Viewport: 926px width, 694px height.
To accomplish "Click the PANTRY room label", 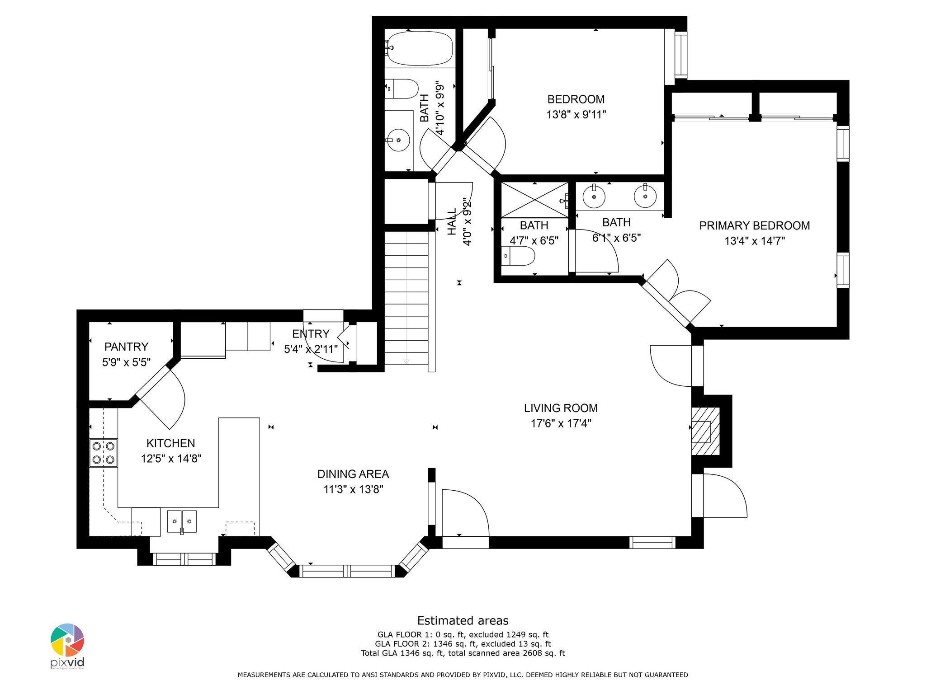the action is (x=126, y=347).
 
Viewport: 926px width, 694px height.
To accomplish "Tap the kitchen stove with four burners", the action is (x=104, y=453).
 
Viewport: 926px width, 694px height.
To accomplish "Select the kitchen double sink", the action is (x=182, y=521).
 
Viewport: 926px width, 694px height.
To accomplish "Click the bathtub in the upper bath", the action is (x=420, y=48).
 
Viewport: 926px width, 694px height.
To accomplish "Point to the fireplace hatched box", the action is (x=705, y=431).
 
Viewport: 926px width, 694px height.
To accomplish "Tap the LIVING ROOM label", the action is (x=561, y=408).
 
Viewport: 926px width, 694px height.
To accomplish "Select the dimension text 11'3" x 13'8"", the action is (x=353, y=489).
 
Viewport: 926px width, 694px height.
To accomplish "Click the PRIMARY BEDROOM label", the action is (x=755, y=225).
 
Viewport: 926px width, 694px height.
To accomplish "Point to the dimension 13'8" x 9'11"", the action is (x=576, y=115).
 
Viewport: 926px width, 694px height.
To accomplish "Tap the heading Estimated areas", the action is (x=463, y=620).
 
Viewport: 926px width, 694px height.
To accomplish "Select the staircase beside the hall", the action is (x=406, y=298).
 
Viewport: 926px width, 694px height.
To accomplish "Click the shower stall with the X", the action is (x=534, y=200).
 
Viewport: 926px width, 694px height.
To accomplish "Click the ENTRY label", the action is (x=311, y=334).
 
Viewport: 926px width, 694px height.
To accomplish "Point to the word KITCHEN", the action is (x=171, y=443).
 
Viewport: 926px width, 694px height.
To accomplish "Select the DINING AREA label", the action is (x=353, y=474).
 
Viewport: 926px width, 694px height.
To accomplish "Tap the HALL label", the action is (x=452, y=221).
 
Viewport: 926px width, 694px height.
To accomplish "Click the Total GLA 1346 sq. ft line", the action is (x=463, y=653).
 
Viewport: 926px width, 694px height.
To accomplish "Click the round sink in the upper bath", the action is (x=398, y=140).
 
